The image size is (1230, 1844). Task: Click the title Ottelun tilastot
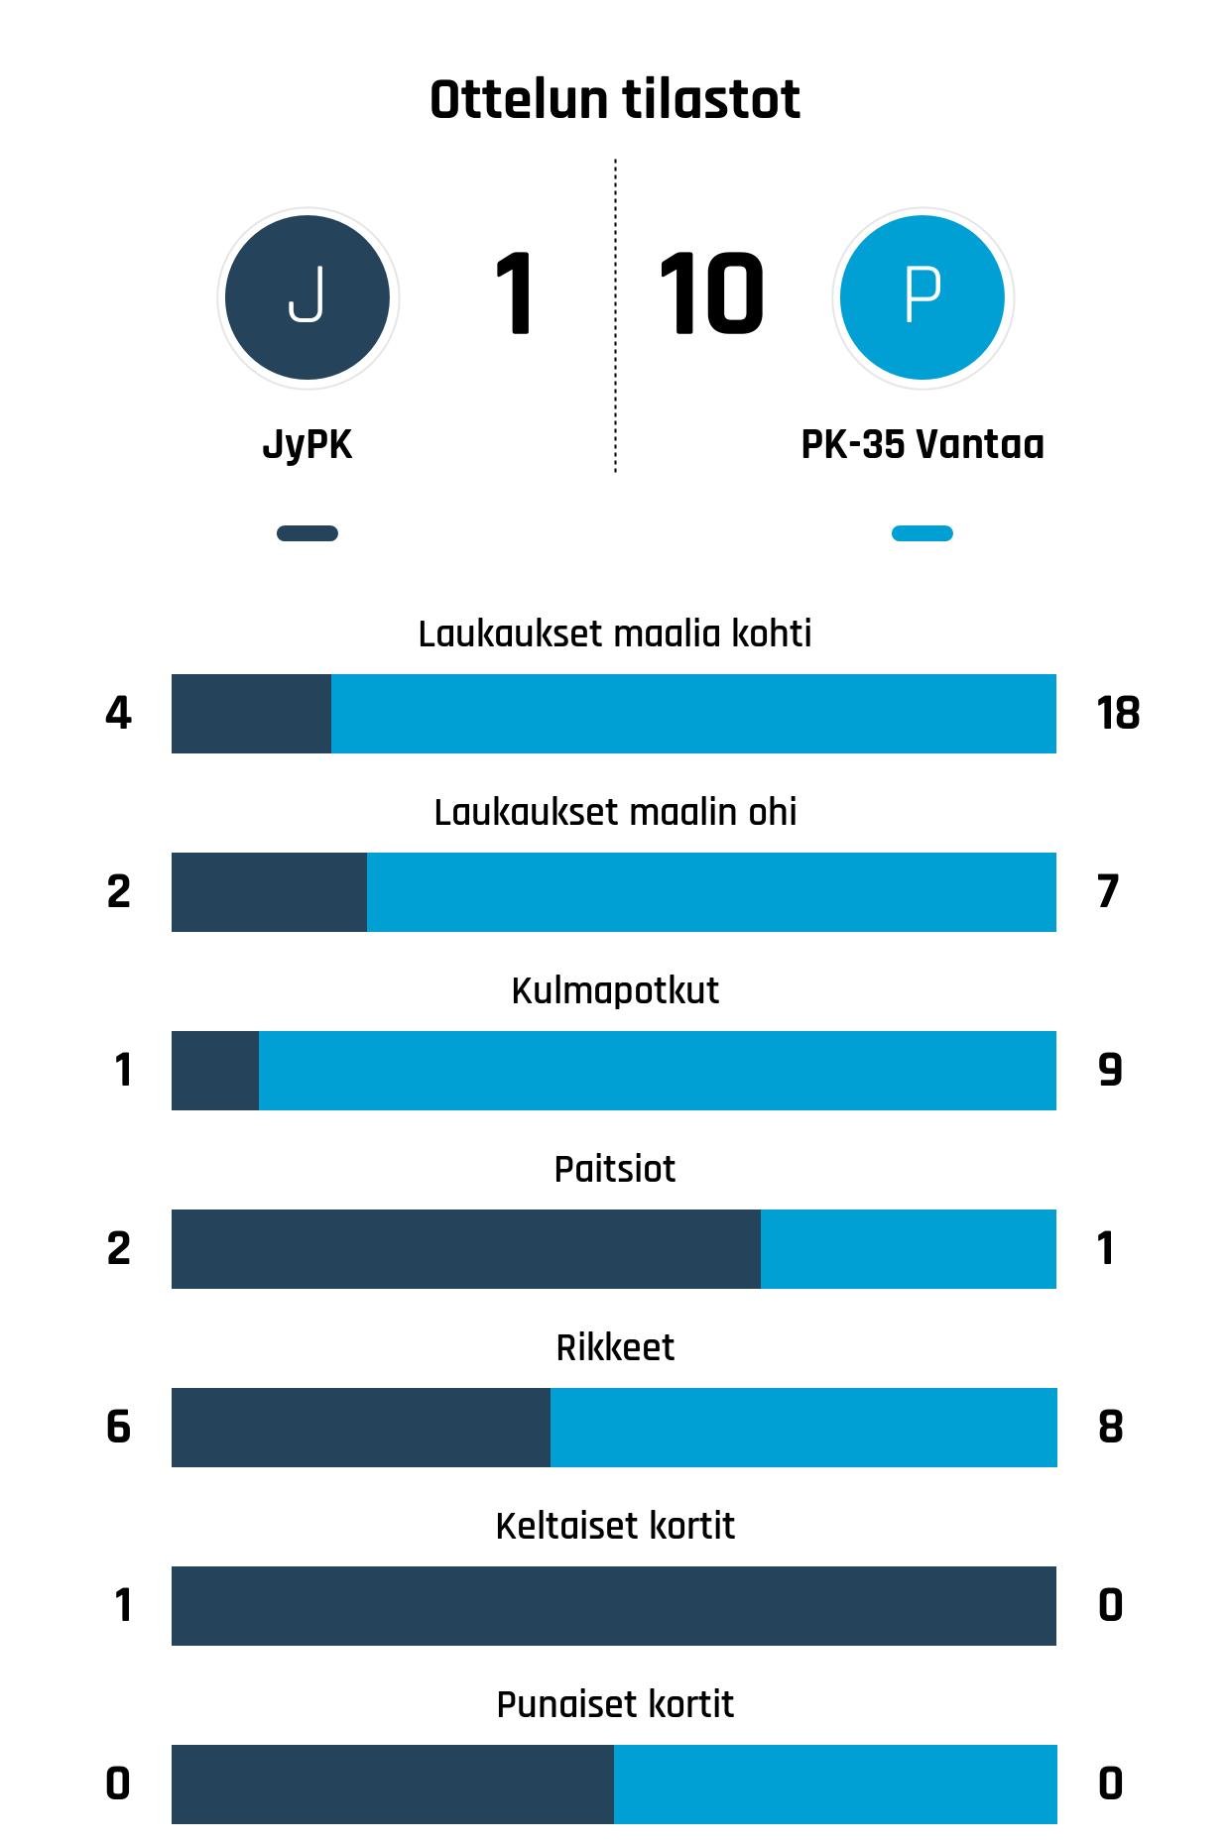(x=615, y=99)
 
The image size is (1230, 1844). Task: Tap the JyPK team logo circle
(x=307, y=297)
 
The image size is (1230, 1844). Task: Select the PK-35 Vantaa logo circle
(x=922, y=297)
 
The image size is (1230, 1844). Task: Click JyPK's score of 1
(x=514, y=294)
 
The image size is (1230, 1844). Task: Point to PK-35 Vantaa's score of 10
(x=710, y=294)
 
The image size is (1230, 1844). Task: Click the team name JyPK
(x=307, y=444)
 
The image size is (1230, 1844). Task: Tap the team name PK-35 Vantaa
(x=922, y=444)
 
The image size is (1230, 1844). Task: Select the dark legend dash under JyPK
(x=307, y=533)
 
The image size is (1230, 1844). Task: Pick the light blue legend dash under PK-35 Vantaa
(x=922, y=533)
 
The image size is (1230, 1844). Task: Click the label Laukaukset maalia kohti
(x=615, y=634)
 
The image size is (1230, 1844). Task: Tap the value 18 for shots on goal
(x=1118, y=714)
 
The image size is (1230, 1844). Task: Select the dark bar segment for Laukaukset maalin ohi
(x=269, y=892)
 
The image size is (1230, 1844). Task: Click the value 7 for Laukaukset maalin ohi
(x=1108, y=892)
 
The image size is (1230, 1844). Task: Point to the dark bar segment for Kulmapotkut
(x=215, y=1071)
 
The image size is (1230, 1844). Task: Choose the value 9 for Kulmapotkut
(x=1110, y=1071)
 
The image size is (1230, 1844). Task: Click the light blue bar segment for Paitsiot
(x=908, y=1249)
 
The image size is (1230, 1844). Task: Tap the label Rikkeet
(x=615, y=1347)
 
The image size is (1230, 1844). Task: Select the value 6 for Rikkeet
(x=118, y=1428)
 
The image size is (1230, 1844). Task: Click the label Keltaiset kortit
(x=615, y=1526)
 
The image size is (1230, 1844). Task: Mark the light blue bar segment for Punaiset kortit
(x=835, y=1785)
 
